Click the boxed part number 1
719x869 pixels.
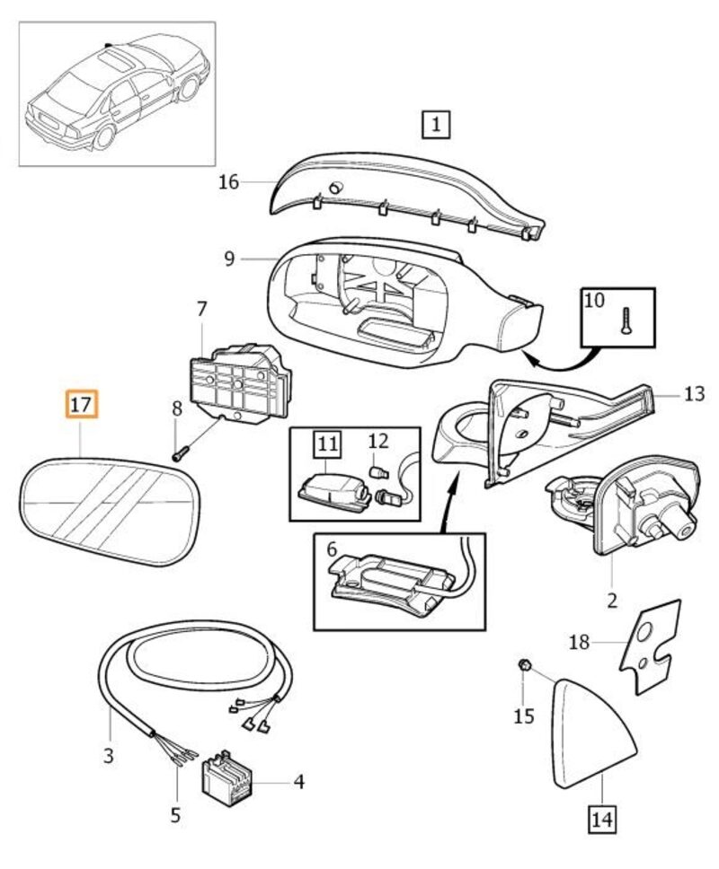pyautogui.click(x=435, y=125)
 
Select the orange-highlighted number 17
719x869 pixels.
pyautogui.click(x=81, y=405)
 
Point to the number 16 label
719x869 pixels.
pyautogui.click(x=228, y=182)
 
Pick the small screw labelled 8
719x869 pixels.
pyautogui.click(x=179, y=452)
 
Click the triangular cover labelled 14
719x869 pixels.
pyautogui.click(x=588, y=736)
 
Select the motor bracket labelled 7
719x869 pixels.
pyautogui.click(x=238, y=382)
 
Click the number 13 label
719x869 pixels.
pyautogui.click(x=694, y=393)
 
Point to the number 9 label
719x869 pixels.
pyautogui.click(x=229, y=259)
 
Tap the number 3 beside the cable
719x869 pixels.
pyautogui.click(x=108, y=756)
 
